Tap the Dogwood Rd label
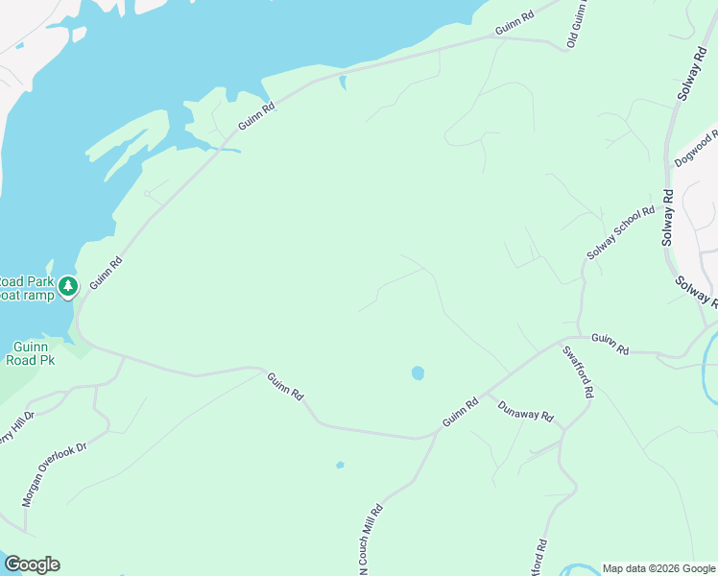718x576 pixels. pos(695,148)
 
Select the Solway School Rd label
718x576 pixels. pos(621,232)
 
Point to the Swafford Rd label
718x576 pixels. pos(579,372)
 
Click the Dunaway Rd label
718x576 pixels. pos(526,411)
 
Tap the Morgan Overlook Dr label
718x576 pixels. pos(54,474)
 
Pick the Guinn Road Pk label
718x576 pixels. pos(34,353)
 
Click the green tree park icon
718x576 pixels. pos(67,286)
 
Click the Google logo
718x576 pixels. pos(32,564)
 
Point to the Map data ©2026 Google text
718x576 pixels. pos(658,568)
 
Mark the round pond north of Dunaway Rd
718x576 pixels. pos(418,372)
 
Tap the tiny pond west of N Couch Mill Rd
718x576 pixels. pos(340,466)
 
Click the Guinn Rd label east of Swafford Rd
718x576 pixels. pos(610,344)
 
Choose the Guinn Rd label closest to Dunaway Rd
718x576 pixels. pos(460,414)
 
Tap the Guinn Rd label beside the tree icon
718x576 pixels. pos(107,273)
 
